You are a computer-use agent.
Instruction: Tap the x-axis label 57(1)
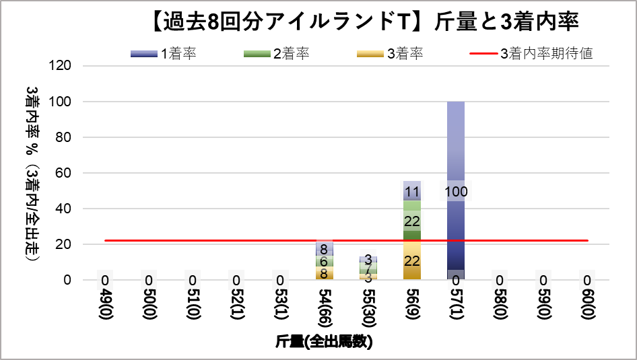(456, 303)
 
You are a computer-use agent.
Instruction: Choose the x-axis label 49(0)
(105, 303)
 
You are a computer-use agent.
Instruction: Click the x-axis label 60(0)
(587, 303)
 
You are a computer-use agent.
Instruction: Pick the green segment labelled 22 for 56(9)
(412, 221)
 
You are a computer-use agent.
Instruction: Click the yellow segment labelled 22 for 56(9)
(412, 260)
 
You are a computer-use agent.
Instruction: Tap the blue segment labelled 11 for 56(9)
(412, 191)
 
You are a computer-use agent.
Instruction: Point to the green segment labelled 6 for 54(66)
(325, 261)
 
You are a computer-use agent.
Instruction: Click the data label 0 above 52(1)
(236, 281)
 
